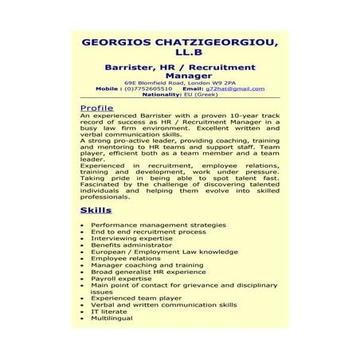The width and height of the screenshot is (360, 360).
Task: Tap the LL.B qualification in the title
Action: coord(179,54)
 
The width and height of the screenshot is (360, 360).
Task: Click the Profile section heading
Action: coord(97,107)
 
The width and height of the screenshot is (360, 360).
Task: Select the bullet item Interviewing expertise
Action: coord(131,238)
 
